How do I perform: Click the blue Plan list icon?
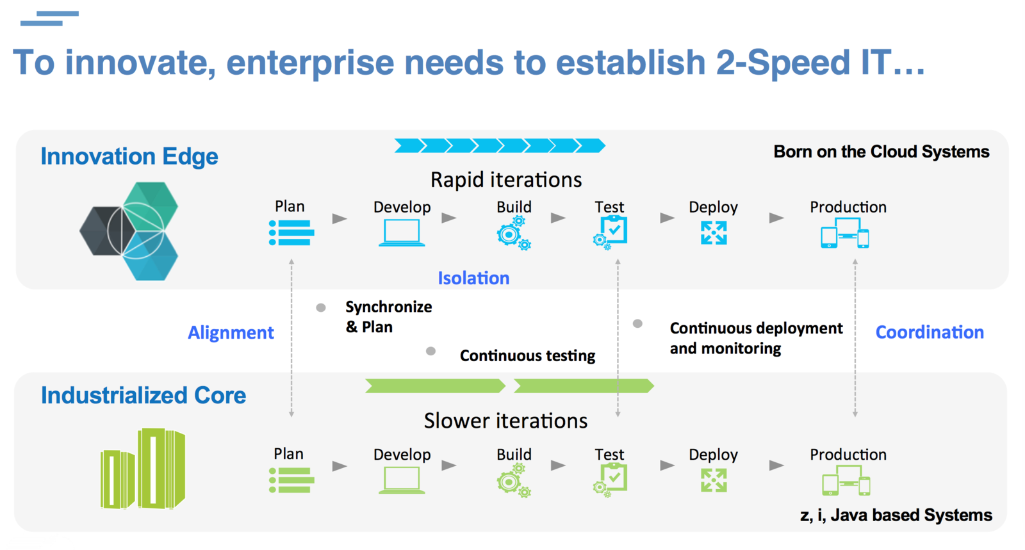pos(291,232)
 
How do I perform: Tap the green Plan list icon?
pos(291,480)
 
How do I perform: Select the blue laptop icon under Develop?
pos(402,233)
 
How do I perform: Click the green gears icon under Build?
pos(514,481)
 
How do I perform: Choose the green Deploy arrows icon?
pos(714,480)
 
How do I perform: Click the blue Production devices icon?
pos(845,234)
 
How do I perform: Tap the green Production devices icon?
pos(846,480)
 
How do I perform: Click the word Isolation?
pos(473,278)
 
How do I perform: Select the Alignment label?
pos(231,332)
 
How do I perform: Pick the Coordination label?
pos(930,332)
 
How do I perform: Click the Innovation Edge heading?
pos(129,156)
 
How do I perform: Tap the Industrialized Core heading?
pos(143,395)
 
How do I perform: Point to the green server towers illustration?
pos(143,469)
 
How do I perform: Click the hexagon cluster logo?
pos(130,231)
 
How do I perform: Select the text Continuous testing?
pos(527,355)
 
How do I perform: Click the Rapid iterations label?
pos(506,180)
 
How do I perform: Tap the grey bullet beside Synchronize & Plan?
pos(321,308)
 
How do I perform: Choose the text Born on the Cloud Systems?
pos(881,152)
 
